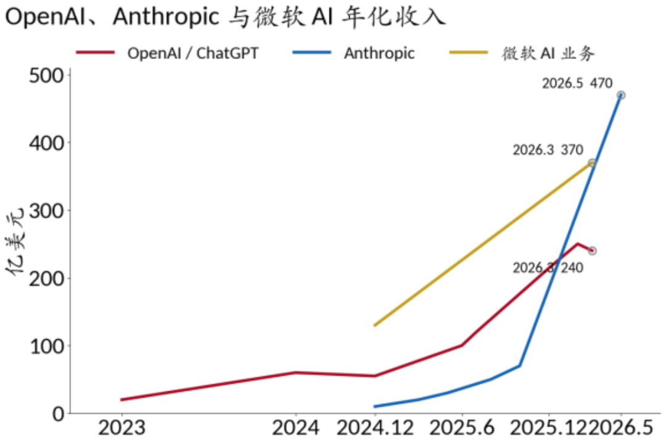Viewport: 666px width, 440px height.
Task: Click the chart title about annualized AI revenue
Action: tap(226, 17)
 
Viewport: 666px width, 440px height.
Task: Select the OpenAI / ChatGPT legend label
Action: tap(193, 53)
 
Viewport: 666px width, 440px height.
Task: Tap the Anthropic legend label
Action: tap(379, 53)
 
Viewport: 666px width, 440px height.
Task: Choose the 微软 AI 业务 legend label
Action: tap(548, 53)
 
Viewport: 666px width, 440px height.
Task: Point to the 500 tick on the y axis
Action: tap(46, 76)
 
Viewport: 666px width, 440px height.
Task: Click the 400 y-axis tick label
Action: tap(46, 143)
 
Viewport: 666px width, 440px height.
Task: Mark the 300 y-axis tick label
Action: tap(46, 211)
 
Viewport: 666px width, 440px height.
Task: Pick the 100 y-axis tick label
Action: tap(46, 346)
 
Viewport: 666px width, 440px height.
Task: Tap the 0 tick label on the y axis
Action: tap(58, 413)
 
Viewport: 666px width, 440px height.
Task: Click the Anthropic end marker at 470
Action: tap(621, 95)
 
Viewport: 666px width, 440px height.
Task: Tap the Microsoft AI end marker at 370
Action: tap(592, 163)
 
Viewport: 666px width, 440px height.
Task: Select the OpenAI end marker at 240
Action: tap(592, 251)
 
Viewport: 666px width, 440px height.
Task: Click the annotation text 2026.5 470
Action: tap(577, 83)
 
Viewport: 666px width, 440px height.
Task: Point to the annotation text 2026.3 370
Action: tap(548, 150)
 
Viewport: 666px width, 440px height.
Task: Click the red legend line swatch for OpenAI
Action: tap(96, 52)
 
